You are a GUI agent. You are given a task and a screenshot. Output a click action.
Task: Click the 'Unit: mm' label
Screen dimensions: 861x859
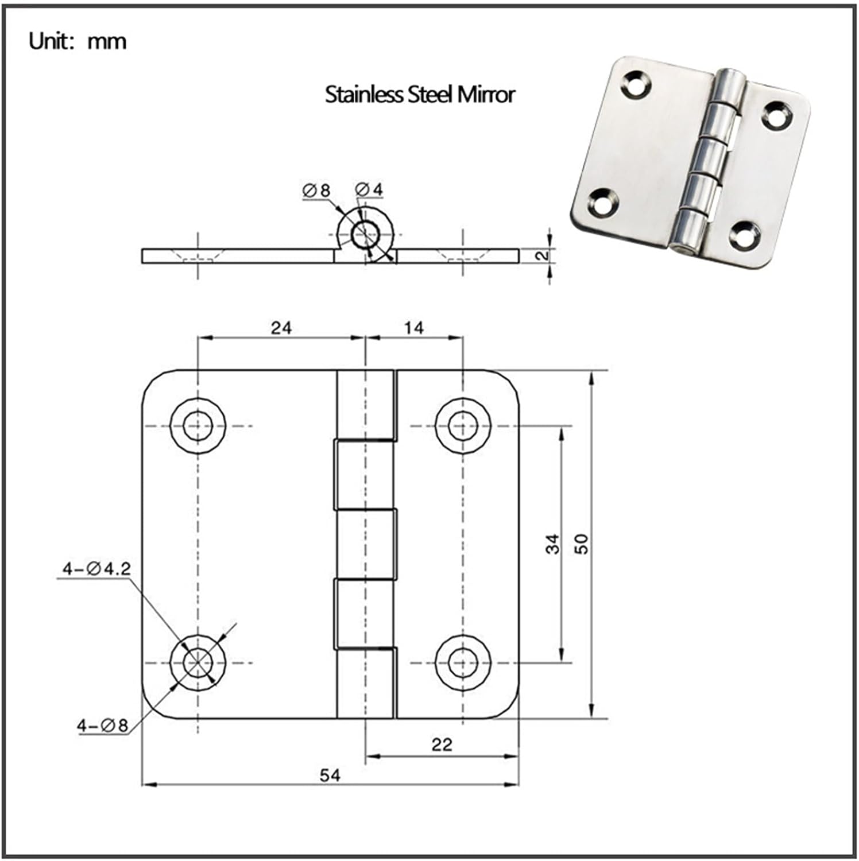tap(78, 41)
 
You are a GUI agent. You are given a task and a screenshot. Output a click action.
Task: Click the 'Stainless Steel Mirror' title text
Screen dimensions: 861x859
tap(420, 94)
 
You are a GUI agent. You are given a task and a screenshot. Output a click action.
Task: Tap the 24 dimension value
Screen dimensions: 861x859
tap(281, 328)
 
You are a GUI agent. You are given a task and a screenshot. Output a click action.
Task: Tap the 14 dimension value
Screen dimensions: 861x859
tap(413, 328)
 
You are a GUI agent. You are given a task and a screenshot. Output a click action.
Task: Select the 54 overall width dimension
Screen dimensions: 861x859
tap(330, 775)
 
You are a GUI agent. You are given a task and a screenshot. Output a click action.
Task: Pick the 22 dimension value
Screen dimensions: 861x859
tap(442, 744)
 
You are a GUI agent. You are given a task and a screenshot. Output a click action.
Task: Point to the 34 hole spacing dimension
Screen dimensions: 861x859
tap(552, 543)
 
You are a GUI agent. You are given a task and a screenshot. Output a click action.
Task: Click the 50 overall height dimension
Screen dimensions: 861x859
tap(582, 543)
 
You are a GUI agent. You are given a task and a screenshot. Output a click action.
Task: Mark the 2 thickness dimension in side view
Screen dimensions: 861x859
tap(542, 255)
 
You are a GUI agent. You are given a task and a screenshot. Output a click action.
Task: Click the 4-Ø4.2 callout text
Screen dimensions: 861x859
tap(96, 569)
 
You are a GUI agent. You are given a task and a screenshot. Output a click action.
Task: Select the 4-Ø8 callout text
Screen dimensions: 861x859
tap(103, 726)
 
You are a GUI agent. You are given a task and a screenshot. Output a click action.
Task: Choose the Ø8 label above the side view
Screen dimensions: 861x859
tap(316, 190)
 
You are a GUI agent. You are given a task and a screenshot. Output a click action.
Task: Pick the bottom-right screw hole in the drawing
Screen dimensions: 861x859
tap(463, 662)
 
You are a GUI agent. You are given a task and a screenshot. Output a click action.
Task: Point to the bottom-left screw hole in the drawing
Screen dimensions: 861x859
tap(198, 662)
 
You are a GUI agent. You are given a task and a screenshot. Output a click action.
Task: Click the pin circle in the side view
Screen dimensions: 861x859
tap(365, 234)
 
